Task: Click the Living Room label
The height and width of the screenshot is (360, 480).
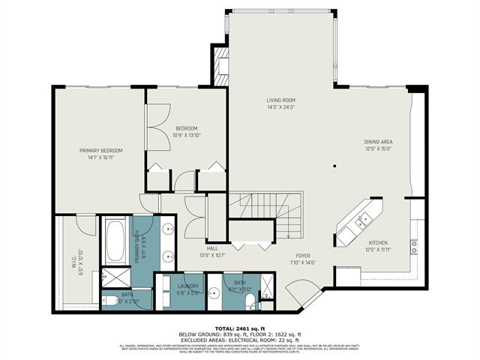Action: pyautogui.click(x=280, y=100)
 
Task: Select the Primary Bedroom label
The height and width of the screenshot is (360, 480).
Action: pyautogui.click(x=100, y=151)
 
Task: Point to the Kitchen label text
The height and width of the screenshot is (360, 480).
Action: pyautogui.click(x=377, y=243)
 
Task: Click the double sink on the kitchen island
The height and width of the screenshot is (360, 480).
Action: pyautogui.click(x=362, y=220)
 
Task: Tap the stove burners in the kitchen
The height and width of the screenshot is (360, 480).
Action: pyautogui.click(x=413, y=244)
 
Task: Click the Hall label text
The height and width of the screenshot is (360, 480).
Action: pyautogui.click(x=212, y=248)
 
